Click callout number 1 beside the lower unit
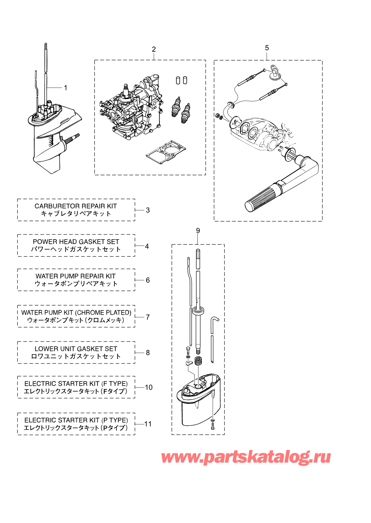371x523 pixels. (66, 88)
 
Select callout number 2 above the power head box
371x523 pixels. (154, 49)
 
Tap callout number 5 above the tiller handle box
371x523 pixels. (267, 48)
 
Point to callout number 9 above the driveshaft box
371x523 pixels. (198, 231)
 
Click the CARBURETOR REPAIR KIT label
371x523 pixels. (76, 206)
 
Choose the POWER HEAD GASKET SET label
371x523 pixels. (76, 242)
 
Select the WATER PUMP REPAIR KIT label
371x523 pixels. (76, 276)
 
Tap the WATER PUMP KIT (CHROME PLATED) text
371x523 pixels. (76, 313)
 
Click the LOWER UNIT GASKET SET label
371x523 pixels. (76, 349)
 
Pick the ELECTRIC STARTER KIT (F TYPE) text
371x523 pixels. (76, 384)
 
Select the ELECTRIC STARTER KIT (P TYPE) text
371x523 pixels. (76, 420)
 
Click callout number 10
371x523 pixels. (149, 387)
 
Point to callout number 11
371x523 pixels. (148, 424)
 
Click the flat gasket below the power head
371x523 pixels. (166, 152)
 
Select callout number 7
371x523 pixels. (148, 317)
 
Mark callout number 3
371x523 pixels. (148, 210)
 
